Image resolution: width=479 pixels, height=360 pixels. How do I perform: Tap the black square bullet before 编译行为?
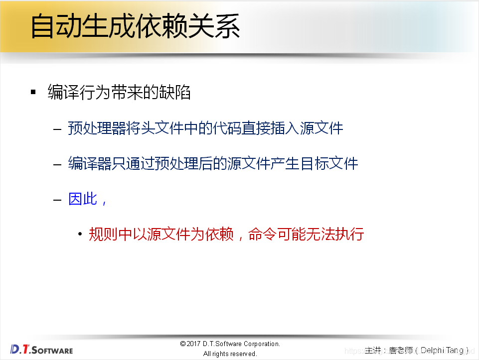33,92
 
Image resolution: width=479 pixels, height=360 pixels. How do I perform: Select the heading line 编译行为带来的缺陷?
119,92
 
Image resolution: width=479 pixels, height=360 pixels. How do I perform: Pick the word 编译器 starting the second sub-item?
90,163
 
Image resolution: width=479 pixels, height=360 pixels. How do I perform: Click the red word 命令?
263,234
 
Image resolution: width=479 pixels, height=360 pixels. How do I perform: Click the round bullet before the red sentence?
80,234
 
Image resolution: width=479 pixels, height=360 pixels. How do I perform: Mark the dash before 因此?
58,200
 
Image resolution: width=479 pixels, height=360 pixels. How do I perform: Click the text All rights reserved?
230,354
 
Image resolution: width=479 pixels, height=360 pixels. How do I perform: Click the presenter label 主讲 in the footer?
373,351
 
